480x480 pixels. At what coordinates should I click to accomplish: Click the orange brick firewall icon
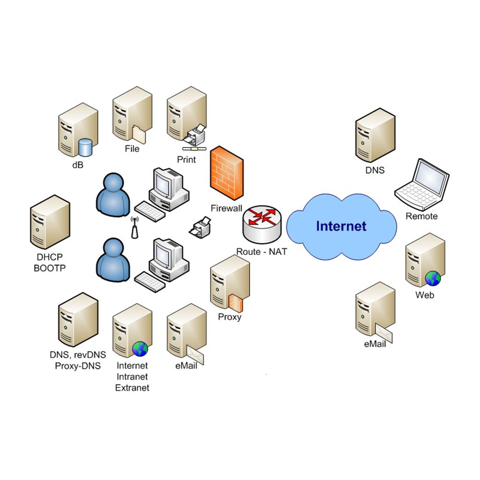pos(226,173)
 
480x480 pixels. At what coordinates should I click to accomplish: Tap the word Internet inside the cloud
pos(341,226)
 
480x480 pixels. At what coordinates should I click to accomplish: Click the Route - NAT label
pos(262,252)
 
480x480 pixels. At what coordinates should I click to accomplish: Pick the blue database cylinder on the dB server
pos(85,147)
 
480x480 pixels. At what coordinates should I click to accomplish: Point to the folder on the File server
pos(139,134)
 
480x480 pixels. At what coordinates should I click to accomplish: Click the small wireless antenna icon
pos(135,228)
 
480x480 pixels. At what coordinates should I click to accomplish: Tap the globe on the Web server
pos(433,279)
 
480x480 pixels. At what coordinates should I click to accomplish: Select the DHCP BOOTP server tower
pos(50,222)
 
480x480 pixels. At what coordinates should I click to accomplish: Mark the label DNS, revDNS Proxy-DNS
pos(78,360)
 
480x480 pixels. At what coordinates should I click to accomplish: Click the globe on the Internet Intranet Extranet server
pos(140,349)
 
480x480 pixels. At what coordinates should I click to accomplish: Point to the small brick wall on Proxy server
pos(236,303)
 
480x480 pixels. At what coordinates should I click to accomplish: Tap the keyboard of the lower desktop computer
pos(150,282)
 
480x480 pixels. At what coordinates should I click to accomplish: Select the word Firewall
pos(226,208)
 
